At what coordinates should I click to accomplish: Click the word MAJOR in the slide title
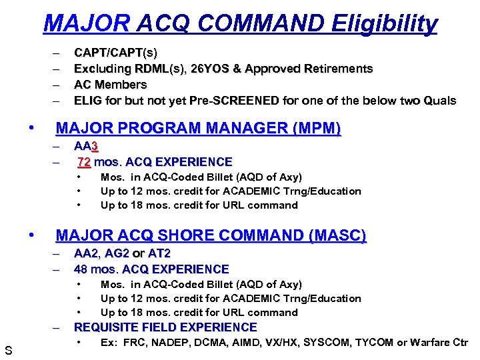click(86, 24)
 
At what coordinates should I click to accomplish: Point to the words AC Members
click(110, 85)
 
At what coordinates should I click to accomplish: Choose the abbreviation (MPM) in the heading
click(309, 129)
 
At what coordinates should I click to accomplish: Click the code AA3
click(87, 146)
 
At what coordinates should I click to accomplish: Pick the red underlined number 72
click(84, 162)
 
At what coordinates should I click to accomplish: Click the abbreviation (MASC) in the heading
click(334, 236)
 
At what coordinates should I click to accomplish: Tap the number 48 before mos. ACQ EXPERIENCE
click(82, 269)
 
